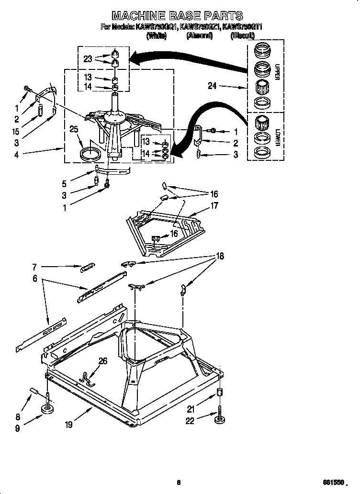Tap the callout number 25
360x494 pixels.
pyautogui.click(x=73, y=130)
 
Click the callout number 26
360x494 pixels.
pyautogui.click(x=103, y=361)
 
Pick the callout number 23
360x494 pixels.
pyautogui.click(x=88, y=59)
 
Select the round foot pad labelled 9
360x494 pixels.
pyautogui.click(x=47, y=409)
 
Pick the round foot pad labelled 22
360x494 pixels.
pyautogui.click(x=220, y=419)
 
